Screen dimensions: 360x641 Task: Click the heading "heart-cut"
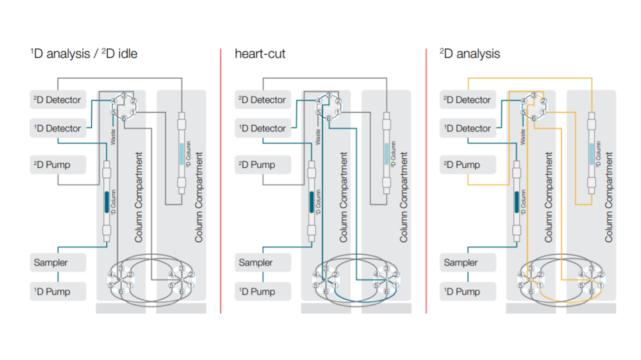pos(260,54)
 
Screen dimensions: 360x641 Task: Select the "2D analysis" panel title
pos(469,54)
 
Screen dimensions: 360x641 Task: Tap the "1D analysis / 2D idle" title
pos(84,54)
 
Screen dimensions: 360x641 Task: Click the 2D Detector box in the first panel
pos(58,100)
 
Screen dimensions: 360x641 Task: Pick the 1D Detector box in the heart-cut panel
pos(263,128)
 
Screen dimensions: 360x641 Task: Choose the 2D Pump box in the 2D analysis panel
pos(468,164)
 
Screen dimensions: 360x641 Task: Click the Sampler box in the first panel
pos(58,263)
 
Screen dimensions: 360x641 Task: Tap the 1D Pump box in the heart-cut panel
pos(263,291)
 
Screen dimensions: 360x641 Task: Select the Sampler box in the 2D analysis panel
pos(468,263)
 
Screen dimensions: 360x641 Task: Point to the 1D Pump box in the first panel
pos(58,291)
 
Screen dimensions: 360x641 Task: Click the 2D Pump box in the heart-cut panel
pos(263,164)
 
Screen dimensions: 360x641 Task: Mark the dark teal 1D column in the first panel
pos(107,201)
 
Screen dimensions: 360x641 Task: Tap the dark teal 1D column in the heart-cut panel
pos(311,201)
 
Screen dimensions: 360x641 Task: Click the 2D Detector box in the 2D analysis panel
pos(468,100)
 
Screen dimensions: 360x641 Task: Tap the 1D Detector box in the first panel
pos(58,128)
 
